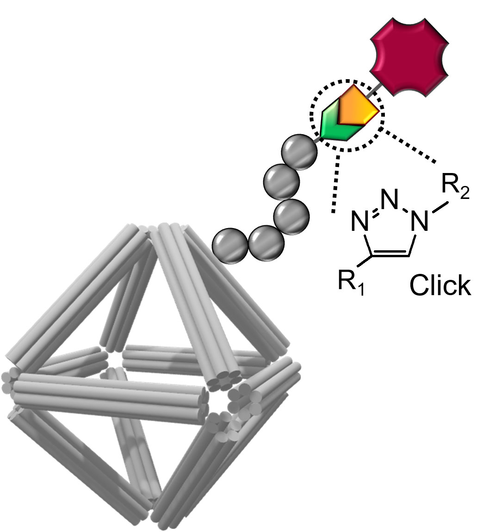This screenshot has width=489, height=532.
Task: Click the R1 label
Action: click(350, 283)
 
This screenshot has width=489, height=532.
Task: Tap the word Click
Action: click(440, 286)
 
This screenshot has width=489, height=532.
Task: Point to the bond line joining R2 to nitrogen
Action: click(440, 208)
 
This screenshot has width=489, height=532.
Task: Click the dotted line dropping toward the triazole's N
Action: click(336, 183)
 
